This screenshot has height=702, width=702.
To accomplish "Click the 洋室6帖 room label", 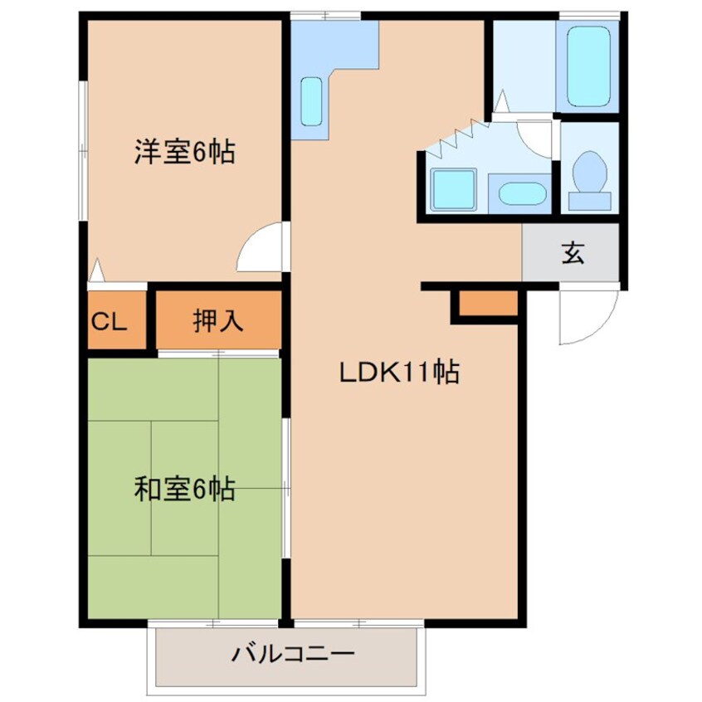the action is click(185, 152).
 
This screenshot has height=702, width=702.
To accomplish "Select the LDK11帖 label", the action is click(400, 372).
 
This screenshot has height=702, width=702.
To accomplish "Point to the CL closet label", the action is click(110, 321).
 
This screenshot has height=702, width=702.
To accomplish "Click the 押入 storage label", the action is click(218, 320).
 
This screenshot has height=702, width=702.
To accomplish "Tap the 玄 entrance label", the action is click(573, 253).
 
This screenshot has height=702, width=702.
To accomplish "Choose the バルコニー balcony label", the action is click(293, 654).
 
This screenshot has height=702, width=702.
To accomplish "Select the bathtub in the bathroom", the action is click(588, 66).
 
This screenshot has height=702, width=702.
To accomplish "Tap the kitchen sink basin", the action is click(311, 101).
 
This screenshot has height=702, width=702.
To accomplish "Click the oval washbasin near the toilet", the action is click(523, 194).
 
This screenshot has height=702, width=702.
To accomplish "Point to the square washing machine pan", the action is click(452, 189).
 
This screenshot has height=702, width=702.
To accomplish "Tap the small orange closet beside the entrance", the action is click(488, 303).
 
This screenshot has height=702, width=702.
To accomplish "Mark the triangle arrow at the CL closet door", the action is click(97, 270).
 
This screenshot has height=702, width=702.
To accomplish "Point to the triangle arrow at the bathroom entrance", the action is click(502, 100).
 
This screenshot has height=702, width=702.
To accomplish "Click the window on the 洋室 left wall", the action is click(83, 150).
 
